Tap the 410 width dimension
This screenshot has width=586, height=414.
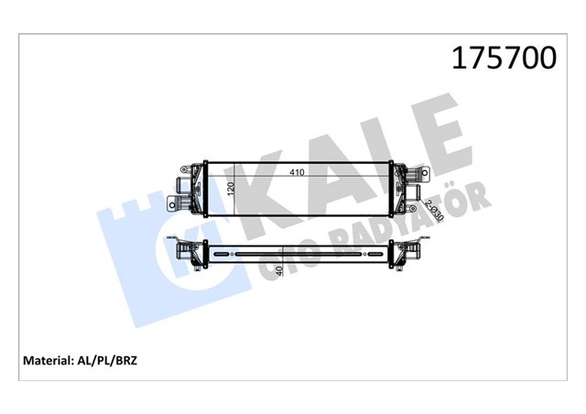298,170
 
